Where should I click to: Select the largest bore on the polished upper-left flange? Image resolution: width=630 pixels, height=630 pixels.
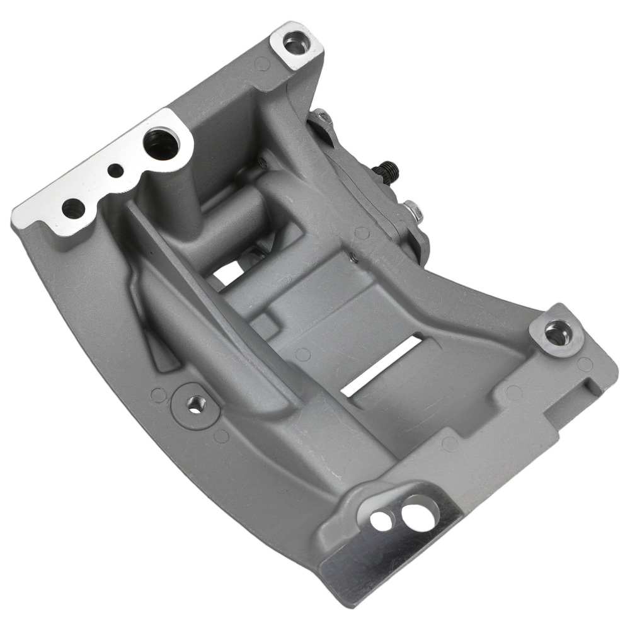pyautogui.click(x=161, y=144)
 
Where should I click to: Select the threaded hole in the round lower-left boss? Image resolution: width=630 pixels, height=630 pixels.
pyautogui.click(x=196, y=403)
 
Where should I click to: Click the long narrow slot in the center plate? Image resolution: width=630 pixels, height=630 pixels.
pyautogui.click(x=382, y=366)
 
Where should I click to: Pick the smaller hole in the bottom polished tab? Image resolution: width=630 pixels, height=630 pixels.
pyautogui.click(x=380, y=520)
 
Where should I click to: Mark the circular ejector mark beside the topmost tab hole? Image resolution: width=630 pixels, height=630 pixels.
pyautogui.click(x=263, y=62)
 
